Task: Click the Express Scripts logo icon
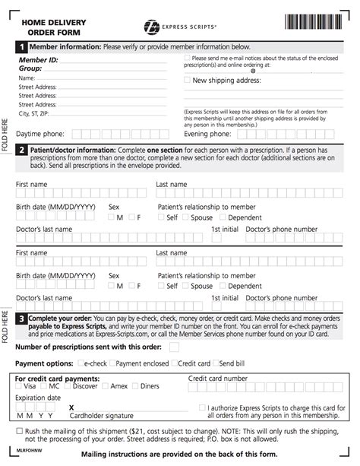coord(153,28)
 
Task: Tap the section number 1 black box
coord(22,46)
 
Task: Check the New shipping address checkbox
coord(188,79)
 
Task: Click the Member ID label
coord(39,59)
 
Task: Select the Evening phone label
coord(207,134)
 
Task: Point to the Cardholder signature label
coord(95,415)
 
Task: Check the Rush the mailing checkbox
coord(20,431)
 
